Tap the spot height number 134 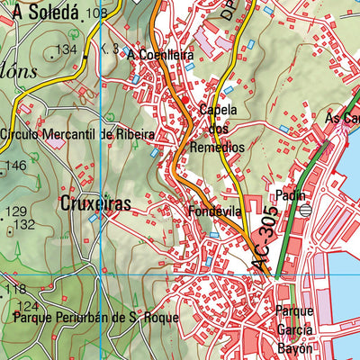click(x=66, y=49)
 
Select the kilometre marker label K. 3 click(x=110, y=48)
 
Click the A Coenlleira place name click(x=161, y=55)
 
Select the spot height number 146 click(x=15, y=166)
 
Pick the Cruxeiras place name click(x=96, y=203)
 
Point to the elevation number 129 click(x=16, y=211)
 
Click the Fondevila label click(x=212, y=212)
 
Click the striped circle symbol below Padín click(x=304, y=210)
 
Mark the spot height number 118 click(x=16, y=290)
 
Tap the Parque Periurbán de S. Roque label click(x=90, y=319)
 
